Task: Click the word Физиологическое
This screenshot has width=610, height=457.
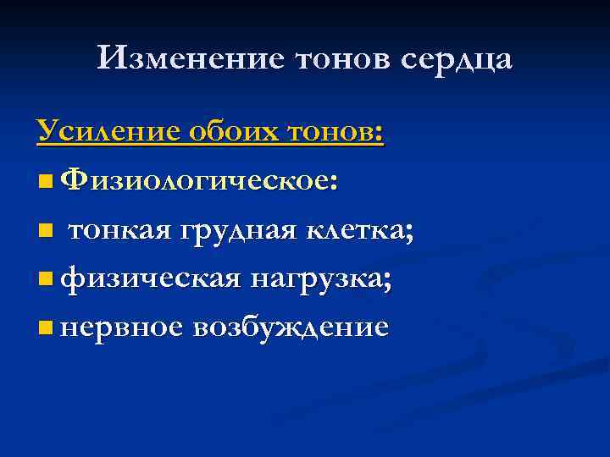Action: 200,180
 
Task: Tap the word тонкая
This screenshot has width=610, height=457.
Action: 119,228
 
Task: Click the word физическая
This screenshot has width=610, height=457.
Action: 152,278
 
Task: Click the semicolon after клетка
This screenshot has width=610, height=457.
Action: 410,233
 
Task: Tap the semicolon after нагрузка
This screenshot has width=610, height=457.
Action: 387,281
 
